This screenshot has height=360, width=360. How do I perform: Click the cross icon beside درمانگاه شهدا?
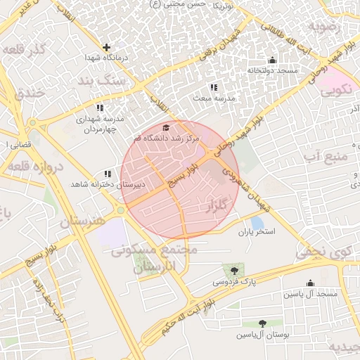click(106, 48)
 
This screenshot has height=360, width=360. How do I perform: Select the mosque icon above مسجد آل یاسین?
click(310, 283)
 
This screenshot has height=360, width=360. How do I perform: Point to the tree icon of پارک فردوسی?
click(233, 271)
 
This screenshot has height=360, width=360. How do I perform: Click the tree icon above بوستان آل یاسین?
click(262, 323)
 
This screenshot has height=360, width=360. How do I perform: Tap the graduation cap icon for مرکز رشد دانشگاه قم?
click(166, 127)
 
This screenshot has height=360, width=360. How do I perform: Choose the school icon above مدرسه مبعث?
click(213, 87)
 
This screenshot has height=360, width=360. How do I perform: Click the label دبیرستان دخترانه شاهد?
click(107, 184)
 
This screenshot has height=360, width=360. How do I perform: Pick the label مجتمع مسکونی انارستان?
click(155, 258)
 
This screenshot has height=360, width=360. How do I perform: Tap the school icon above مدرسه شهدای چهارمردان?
click(100, 108)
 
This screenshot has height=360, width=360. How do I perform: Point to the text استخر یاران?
click(257, 231)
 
